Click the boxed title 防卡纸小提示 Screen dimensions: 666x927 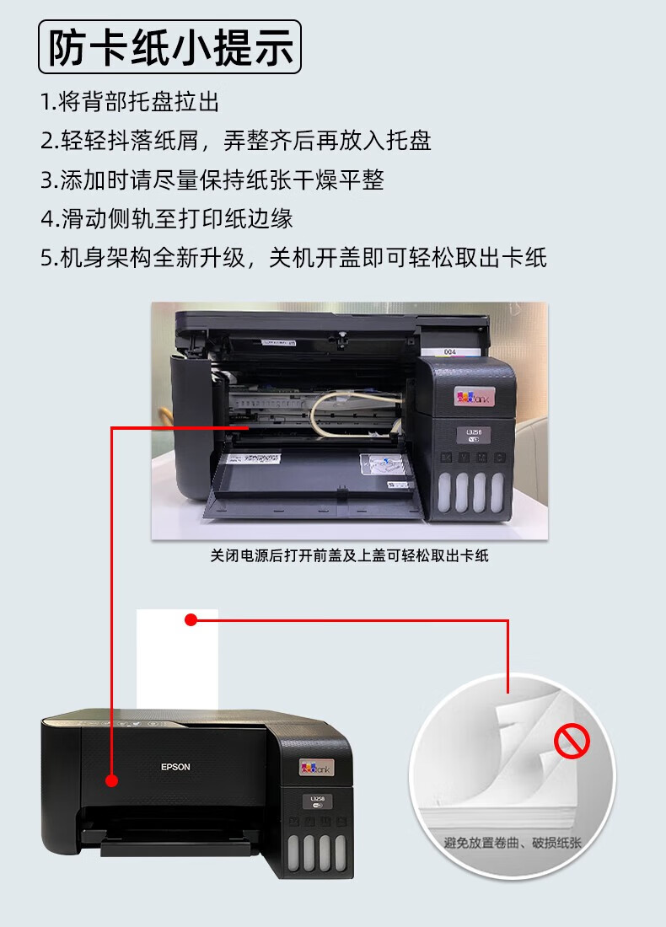(x=169, y=47)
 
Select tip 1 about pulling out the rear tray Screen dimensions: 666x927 (x=130, y=102)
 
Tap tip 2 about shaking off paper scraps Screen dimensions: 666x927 (x=236, y=141)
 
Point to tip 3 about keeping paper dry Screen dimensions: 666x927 (x=212, y=180)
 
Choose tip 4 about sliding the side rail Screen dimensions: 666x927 (x=167, y=219)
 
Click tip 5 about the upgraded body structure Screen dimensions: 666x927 (x=294, y=258)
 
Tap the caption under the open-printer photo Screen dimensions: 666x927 (x=350, y=555)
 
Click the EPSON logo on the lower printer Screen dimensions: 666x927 (x=175, y=767)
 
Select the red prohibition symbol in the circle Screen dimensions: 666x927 (x=572, y=741)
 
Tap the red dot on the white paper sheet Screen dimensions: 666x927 (x=191, y=619)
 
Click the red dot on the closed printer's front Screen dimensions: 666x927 (x=112, y=780)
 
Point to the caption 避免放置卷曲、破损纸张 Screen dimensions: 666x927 (x=513, y=842)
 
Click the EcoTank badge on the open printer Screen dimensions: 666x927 (x=473, y=396)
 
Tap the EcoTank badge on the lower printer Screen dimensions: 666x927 (x=316, y=768)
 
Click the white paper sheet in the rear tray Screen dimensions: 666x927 (x=177, y=659)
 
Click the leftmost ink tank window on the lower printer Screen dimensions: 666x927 (x=293, y=853)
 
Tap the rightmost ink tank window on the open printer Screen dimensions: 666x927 (x=497, y=492)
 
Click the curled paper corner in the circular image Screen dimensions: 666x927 (x=520, y=733)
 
